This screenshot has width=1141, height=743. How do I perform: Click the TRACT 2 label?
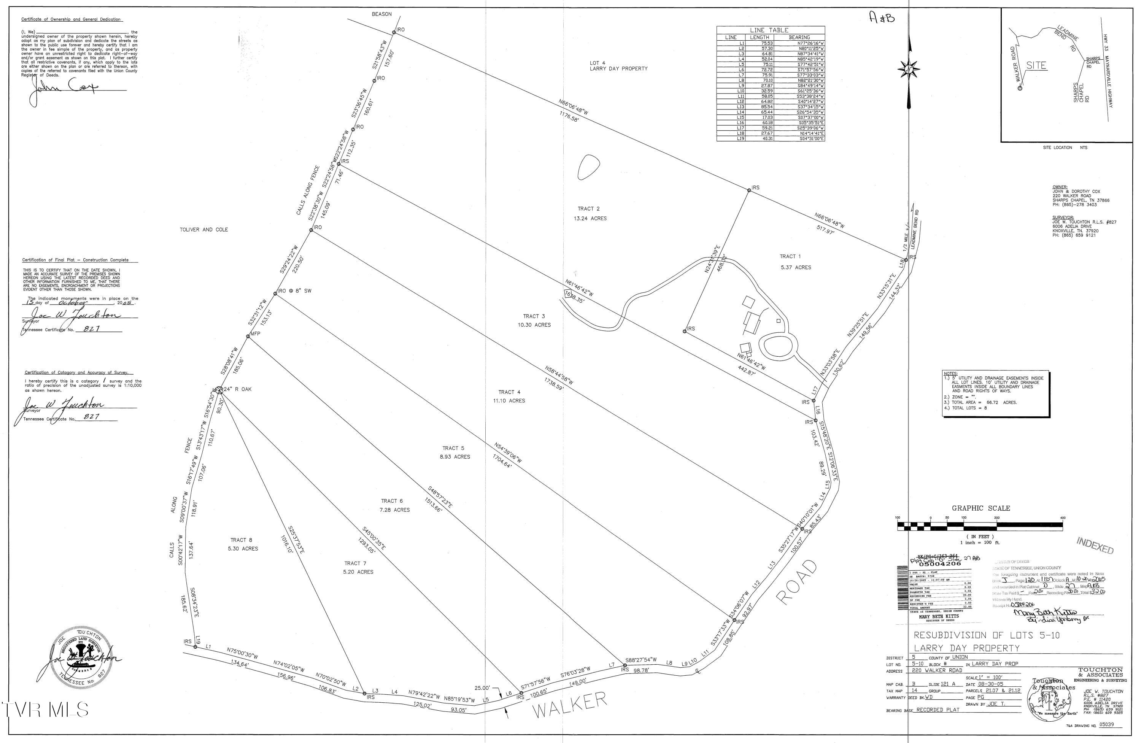pos(588,208)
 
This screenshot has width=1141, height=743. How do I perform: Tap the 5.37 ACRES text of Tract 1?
pos(795,267)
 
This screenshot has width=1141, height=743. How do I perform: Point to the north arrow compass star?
pos(909,70)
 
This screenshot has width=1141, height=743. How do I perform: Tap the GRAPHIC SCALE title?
pos(981,508)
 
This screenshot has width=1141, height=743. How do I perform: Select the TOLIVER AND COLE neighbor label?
pos(204,230)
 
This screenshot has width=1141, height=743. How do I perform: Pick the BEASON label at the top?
pos(381,14)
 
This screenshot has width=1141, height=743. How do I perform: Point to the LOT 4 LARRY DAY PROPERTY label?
pos(618,66)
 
